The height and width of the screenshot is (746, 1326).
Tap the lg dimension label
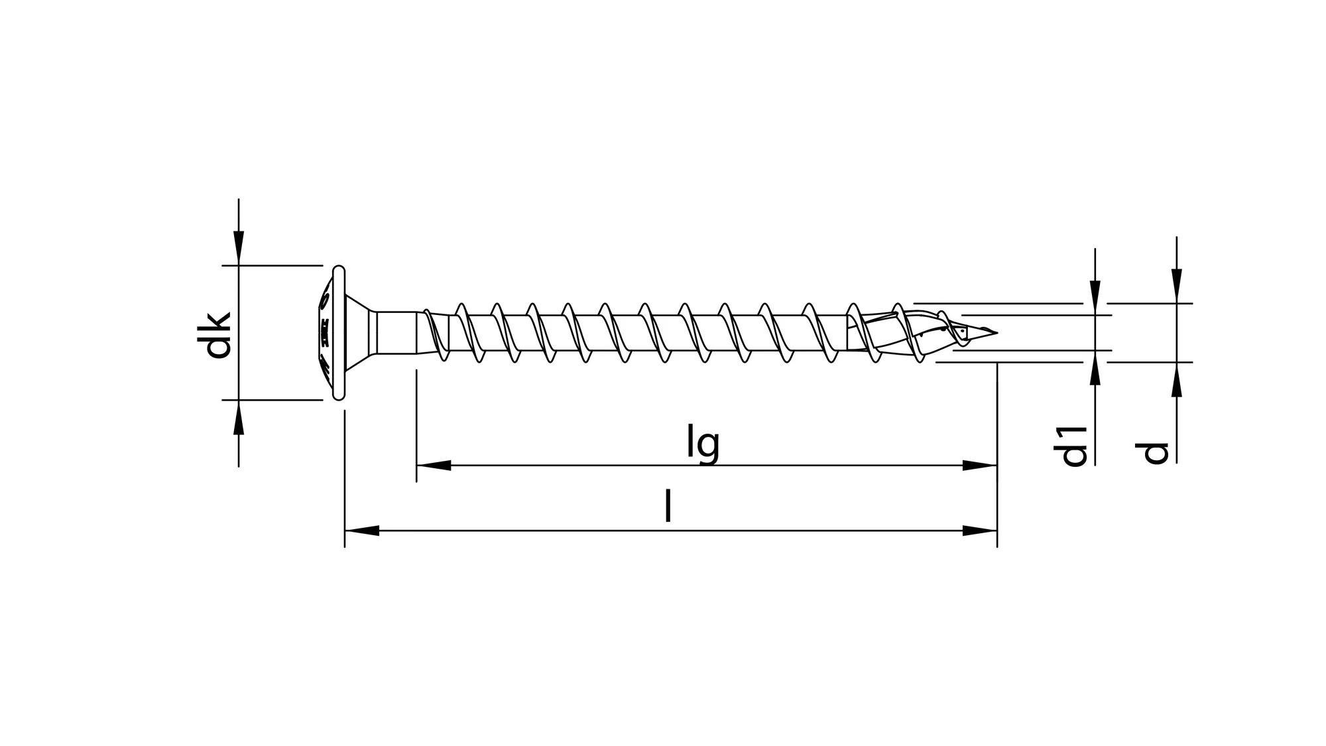(x=703, y=445)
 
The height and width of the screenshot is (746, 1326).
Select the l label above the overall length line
(x=668, y=508)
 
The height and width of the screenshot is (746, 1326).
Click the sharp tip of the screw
(x=995, y=332)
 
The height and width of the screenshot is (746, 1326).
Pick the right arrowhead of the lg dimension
(x=980, y=466)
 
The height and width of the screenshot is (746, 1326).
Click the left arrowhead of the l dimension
(x=361, y=530)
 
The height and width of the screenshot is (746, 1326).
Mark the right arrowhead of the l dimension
(x=980, y=530)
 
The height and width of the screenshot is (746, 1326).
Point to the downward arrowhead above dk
(x=239, y=248)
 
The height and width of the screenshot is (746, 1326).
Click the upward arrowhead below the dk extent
(x=239, y=417)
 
